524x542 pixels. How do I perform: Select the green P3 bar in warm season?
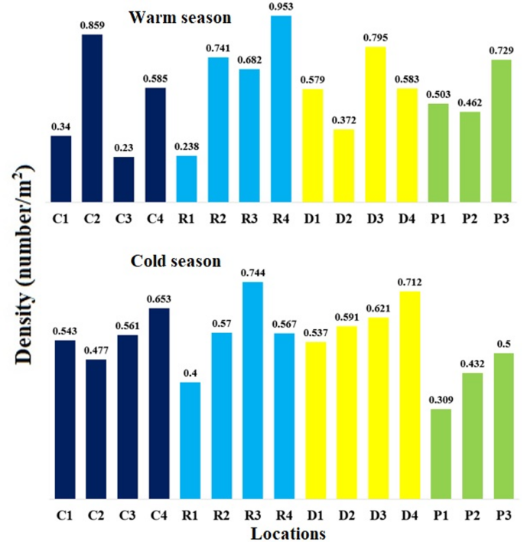[501, 130]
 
